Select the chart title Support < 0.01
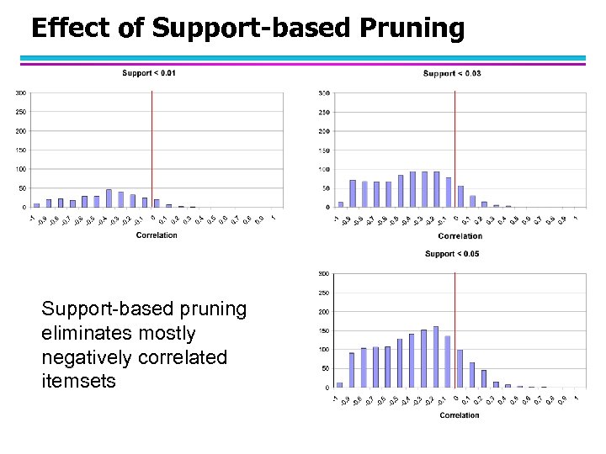point(149,73)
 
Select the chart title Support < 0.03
point(452,74)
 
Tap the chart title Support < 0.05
point(452,253)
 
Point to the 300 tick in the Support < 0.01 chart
point(19,92)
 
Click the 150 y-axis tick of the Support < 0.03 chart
point(324,150)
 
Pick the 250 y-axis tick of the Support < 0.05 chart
point(324,293)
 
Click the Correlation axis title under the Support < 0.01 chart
point(157,235)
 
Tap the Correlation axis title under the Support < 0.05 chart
point(460,415)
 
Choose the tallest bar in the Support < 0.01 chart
point(109,198)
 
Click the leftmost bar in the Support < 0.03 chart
point(341,204)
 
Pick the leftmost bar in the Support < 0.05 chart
point(340,385)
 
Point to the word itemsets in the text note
point(78,382)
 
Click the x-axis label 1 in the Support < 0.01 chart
point(273,218)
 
